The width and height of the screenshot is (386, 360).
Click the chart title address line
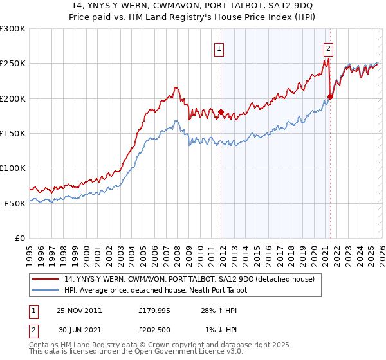(x=193, y=6)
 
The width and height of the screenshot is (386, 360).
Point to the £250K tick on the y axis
(x=13, y=64)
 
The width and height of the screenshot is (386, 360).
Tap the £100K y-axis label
(x=13, y=168)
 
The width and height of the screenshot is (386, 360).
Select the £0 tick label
(x=19, y=237)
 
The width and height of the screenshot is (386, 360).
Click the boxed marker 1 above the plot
(x=219, y=48)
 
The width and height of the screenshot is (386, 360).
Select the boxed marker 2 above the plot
(x=328, y=48)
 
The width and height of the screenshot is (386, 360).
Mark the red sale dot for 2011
(x=221, y=113)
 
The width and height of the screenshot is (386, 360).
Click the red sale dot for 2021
(x=330, y=97)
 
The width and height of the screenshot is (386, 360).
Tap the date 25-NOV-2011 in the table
(x=79, y=310)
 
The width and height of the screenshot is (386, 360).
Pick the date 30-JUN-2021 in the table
(x=79, y=330)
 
